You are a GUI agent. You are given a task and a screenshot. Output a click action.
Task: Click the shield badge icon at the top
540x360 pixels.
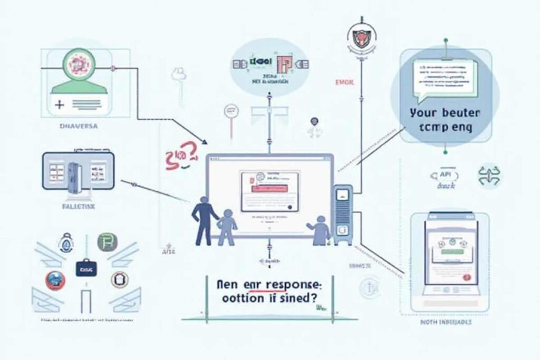click(360, 38)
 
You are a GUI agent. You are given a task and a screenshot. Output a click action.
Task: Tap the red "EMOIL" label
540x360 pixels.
click(344, 82)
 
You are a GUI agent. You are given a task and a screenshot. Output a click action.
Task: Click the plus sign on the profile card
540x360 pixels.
click(60, 105)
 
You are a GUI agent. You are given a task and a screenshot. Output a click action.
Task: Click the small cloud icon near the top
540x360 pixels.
click(179, 74)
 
